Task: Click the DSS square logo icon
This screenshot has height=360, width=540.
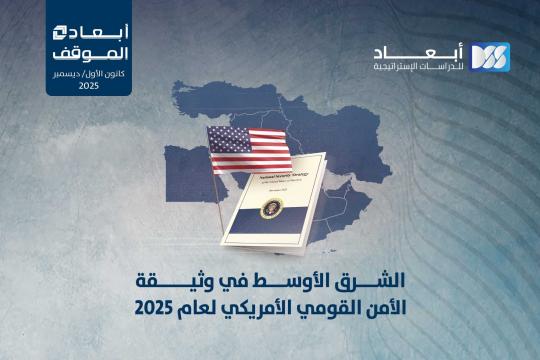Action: click(x=490, y=57)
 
